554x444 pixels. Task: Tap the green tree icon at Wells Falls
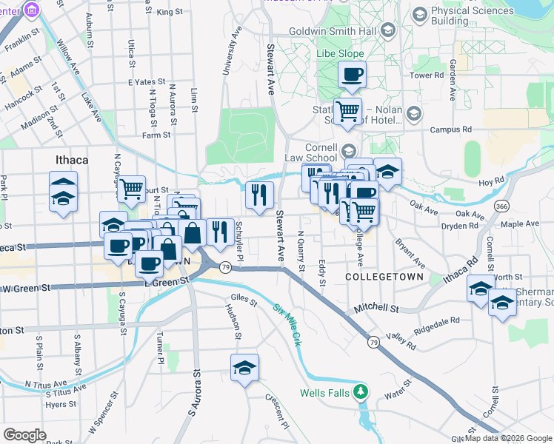360,391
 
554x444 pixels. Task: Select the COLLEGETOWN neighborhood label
384,277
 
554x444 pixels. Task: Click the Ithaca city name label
72,159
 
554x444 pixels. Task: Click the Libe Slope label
341,54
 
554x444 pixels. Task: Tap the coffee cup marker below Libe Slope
353,75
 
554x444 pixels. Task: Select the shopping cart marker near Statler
347,112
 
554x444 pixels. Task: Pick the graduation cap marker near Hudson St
244,368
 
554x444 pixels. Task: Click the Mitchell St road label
376,308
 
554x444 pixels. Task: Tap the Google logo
24,435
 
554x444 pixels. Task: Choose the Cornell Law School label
311,152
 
